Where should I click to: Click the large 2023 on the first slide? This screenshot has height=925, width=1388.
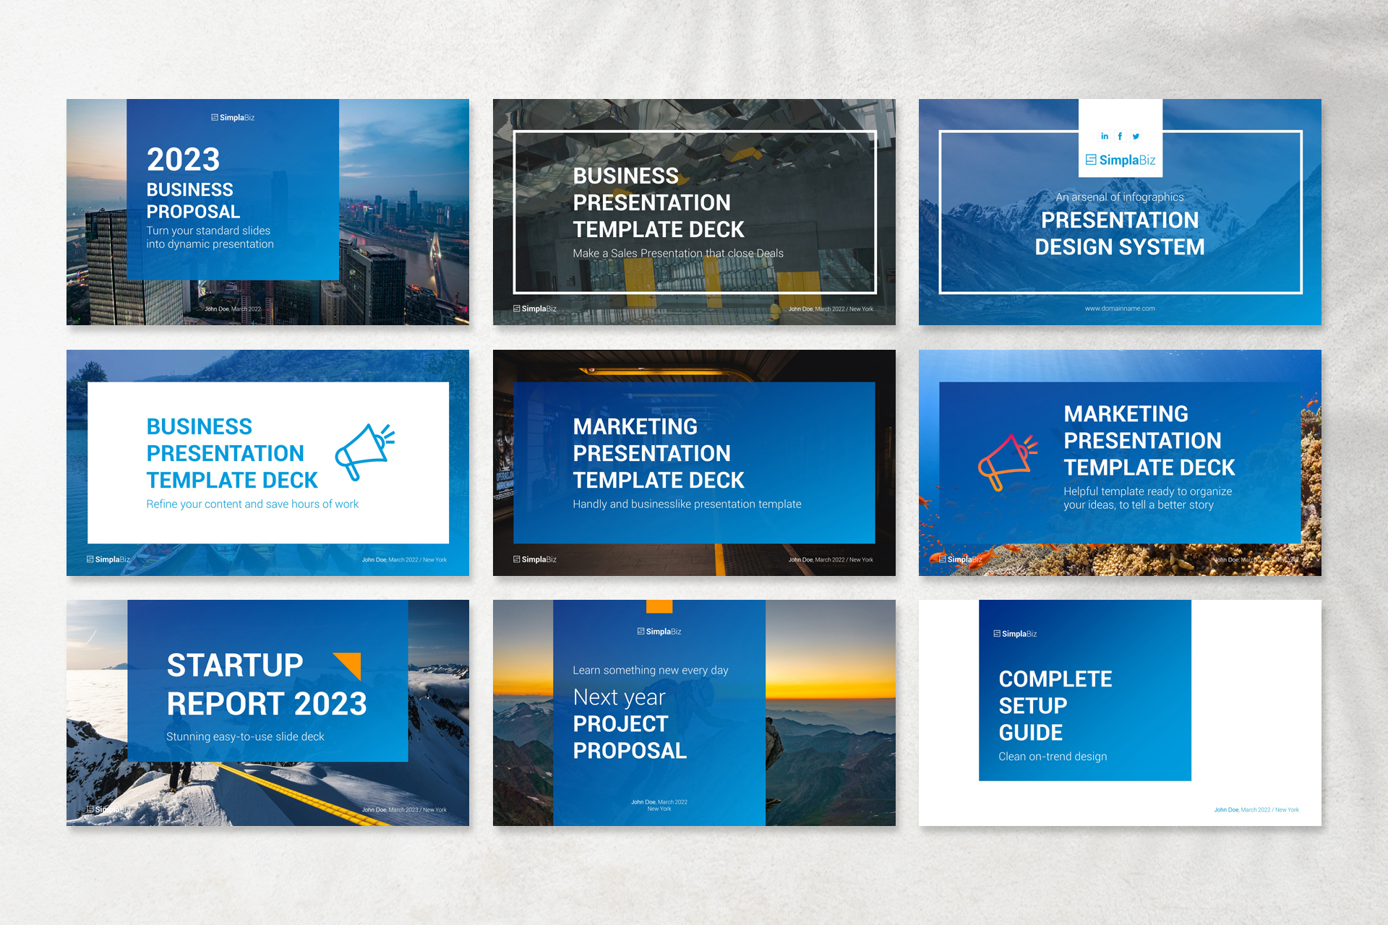[183, 160]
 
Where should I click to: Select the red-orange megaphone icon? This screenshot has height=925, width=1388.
[1007, 461]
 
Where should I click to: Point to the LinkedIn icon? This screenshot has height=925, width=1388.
[1104, 136]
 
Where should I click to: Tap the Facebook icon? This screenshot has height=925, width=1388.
[1120, 136]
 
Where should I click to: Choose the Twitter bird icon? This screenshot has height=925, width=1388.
[1136, 136]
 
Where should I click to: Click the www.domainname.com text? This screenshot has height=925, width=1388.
[1119, 309]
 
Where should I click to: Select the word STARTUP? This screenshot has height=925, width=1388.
[235, 666]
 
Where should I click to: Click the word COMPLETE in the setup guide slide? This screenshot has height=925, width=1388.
[1055, 679]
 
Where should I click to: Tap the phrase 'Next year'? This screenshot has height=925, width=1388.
[619, 697]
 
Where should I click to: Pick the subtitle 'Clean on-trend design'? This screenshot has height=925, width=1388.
[1053, 757]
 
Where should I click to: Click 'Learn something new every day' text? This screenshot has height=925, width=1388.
[650, 671]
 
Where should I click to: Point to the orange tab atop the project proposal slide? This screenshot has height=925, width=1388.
[659, 606]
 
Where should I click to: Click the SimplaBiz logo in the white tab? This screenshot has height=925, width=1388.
[1120, 160]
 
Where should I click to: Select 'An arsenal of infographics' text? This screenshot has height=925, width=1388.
[1119, 197]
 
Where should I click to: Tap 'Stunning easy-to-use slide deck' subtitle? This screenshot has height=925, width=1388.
[245, 736]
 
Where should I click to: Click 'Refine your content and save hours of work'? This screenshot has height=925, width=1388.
[252, 504]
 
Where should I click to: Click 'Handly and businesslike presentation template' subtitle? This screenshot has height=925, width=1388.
[687, 504]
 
